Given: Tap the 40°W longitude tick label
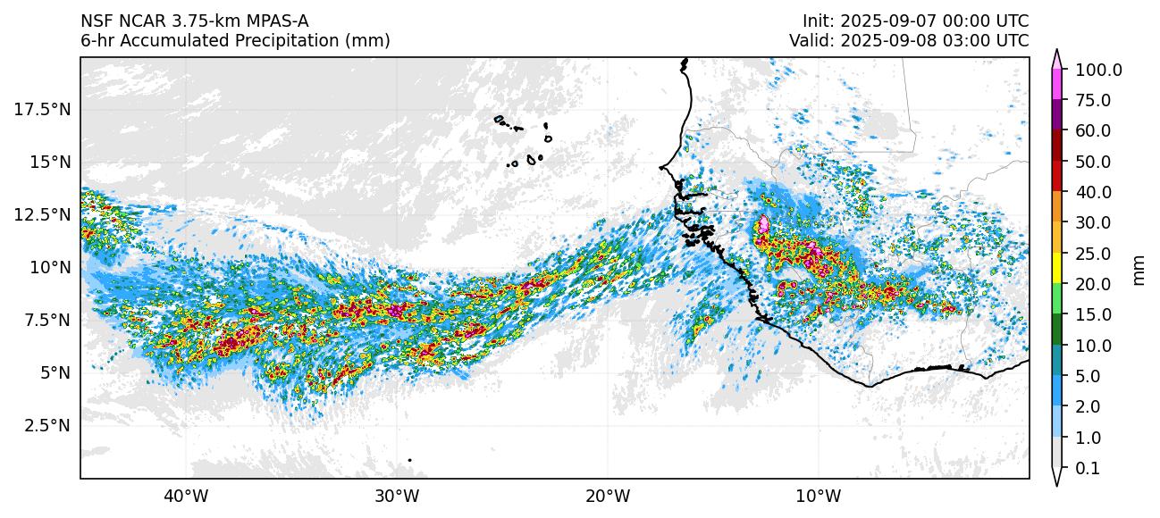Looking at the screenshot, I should [186, 495].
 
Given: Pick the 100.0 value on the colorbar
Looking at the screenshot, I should [1098, 71].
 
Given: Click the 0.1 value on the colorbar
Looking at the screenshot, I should [1087, 468].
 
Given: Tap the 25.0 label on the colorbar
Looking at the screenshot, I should [1092, 254].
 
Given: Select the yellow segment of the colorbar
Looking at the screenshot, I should [1056, 269].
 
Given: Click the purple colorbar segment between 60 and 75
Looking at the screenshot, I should [1056, 116].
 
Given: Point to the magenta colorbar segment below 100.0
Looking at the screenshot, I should [1056, 85].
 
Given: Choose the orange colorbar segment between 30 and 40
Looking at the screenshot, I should [1056, 207].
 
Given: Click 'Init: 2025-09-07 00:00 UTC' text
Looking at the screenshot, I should [915, 21].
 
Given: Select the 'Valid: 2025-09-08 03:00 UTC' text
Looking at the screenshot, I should [909, 40].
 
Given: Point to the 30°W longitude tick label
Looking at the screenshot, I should [397, 495].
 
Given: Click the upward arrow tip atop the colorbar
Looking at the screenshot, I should [1056, 53].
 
